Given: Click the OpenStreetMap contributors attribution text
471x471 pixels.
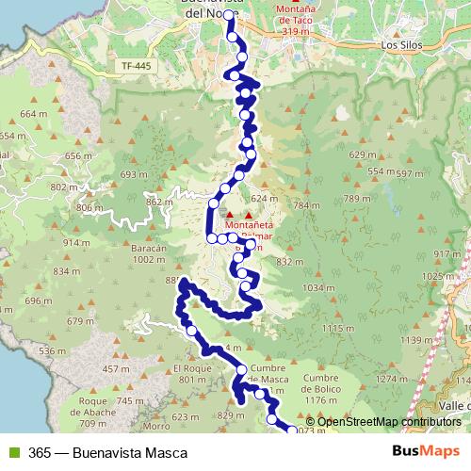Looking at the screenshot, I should [x=389, y=422].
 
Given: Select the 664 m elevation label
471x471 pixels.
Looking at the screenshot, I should [x=33, y=114].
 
